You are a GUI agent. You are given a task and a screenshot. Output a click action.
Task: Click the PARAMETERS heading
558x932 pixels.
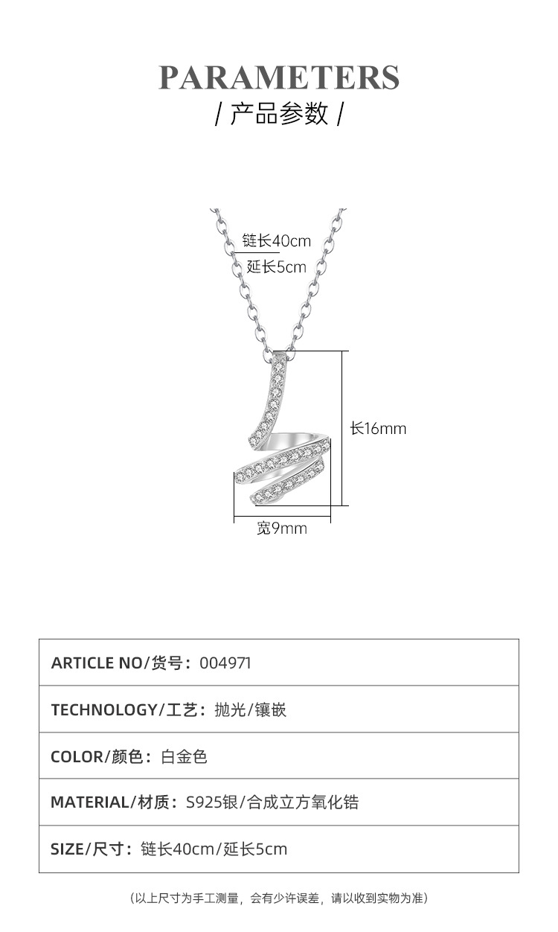[279, 77]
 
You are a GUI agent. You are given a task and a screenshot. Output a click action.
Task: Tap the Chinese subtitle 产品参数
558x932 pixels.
[279, 114]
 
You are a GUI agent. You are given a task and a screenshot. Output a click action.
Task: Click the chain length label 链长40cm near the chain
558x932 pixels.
[276, 241]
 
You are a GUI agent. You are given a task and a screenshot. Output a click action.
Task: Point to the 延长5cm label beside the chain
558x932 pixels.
[276, 266]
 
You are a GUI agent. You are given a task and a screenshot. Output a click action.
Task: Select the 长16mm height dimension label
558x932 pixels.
[379, 429]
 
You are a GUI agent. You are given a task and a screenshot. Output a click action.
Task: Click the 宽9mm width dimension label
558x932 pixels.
[282, 529]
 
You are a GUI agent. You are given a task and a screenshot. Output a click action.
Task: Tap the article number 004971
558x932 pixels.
[225, 663]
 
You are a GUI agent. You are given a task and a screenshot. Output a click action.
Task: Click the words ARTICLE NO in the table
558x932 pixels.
[96, 663]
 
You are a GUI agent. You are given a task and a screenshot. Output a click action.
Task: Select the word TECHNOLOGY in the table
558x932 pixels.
[103, 710]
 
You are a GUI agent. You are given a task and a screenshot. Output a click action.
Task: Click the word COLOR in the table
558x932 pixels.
[77, 757]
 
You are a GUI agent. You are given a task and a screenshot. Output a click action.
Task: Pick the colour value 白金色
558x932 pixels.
[185, 757]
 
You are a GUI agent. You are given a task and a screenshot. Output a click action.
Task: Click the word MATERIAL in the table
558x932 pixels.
[89, 802]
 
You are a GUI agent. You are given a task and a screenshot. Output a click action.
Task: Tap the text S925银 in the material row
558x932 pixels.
[211, 802]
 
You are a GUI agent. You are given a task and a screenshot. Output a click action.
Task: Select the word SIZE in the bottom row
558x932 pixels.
[67, 849]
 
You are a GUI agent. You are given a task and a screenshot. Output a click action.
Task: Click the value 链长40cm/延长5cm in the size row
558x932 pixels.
[214, 849]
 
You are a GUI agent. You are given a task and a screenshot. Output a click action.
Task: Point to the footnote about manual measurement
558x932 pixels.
[279, 899]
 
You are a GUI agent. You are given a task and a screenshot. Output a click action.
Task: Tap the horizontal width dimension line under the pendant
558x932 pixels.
[282, 516]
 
